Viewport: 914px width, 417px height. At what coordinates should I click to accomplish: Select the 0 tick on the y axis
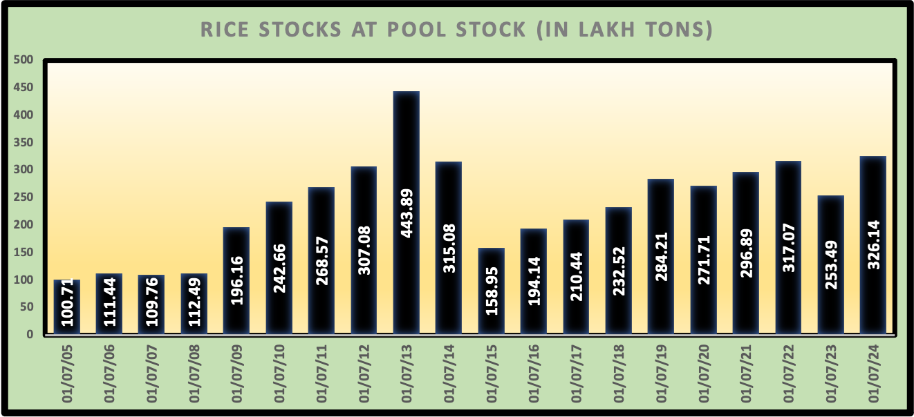pos(29,335)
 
